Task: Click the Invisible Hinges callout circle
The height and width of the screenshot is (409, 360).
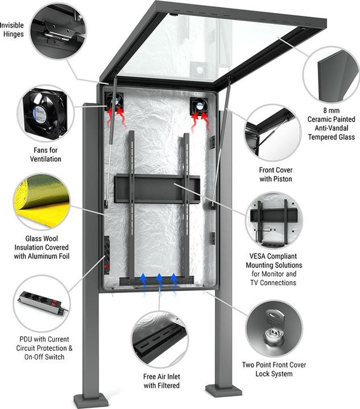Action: [x=57, y=30]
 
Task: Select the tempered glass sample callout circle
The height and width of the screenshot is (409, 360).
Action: [x=330, y=74]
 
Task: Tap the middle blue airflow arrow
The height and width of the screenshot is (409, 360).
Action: [x=159, y=281]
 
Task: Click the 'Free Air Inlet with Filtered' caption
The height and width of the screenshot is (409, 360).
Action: [x=162, y=381]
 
